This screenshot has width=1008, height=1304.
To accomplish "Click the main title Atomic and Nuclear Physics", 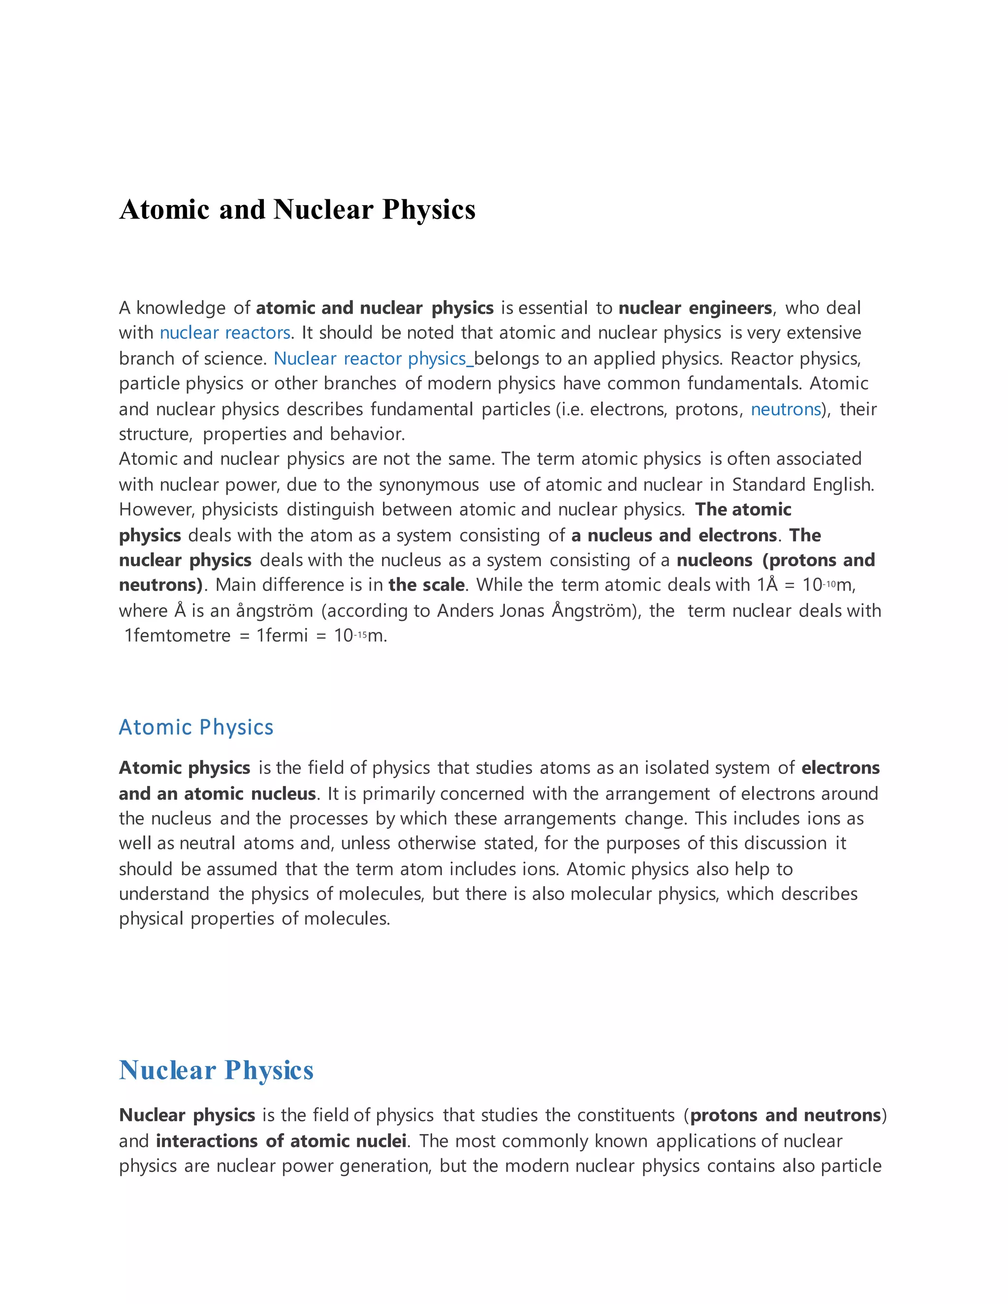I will [x=297, y=210].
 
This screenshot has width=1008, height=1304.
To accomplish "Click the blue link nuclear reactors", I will [x=224, y=333].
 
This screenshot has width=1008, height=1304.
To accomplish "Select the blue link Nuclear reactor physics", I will [x=369, y=358].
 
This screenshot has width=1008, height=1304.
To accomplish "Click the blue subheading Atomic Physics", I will [x=196, y=727].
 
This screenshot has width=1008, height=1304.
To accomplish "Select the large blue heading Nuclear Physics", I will [x=216, y=1071].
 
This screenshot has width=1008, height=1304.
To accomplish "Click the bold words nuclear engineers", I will [x=695, y=308].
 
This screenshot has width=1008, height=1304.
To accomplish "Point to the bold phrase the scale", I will [x=426, y=585].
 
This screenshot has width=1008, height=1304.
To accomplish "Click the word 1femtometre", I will [x=177, y=635].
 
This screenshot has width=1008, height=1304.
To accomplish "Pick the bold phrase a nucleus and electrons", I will [x=674, y=535].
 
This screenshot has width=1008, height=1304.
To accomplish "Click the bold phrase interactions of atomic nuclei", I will [x=281, y=1141].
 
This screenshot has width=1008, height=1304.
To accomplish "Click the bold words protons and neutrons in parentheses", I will [x=785, y=1116].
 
